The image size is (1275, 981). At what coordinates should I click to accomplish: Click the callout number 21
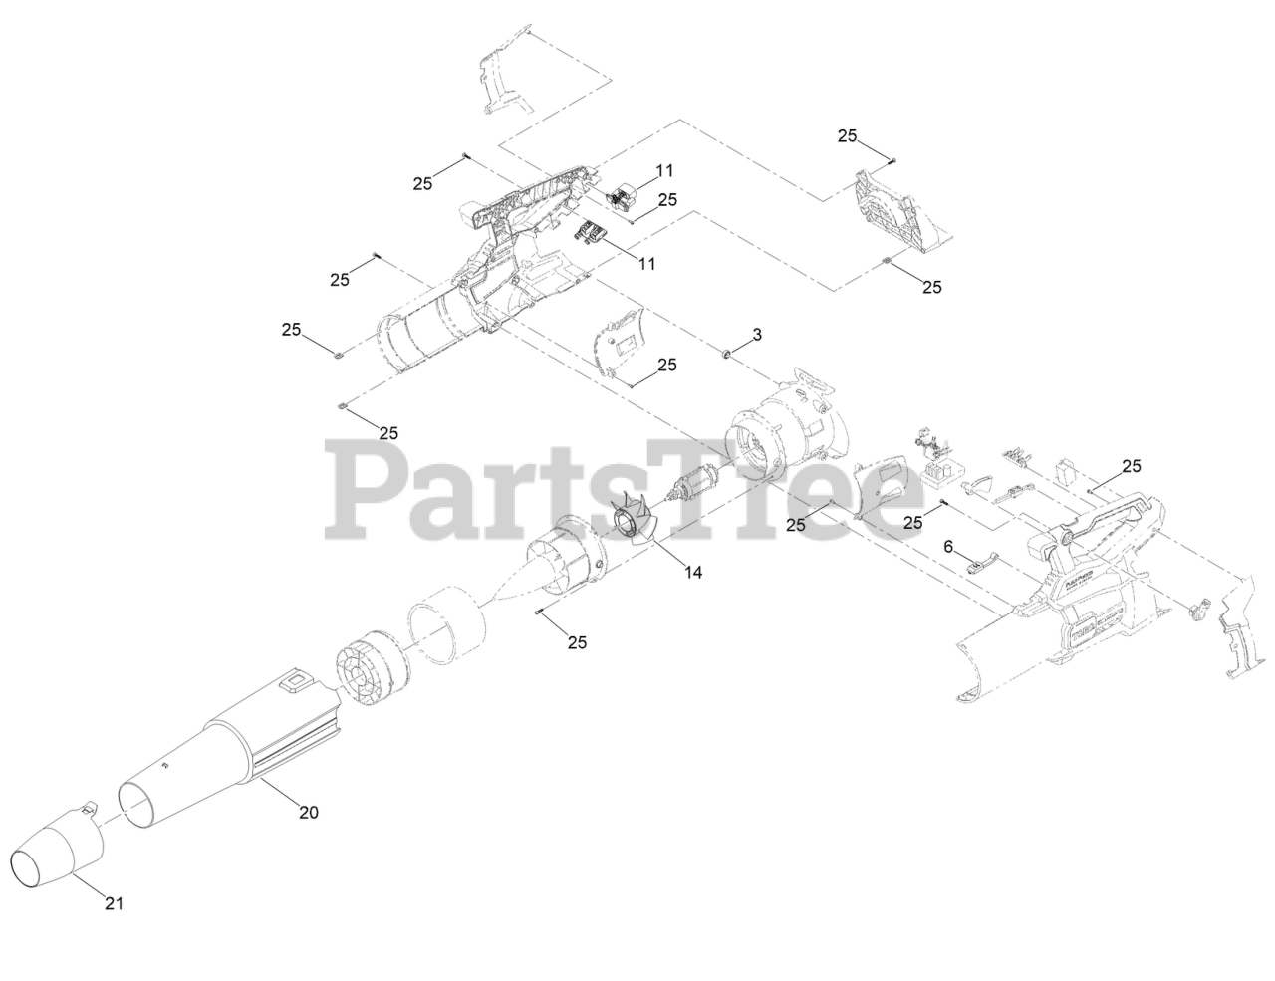[x=115, y=903]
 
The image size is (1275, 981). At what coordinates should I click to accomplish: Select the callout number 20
[x=309, y=812]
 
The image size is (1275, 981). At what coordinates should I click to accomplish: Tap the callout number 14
[x=692, y=572]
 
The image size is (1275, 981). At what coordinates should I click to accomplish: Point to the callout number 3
[x=757, y=335]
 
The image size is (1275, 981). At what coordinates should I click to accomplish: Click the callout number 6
[x=948, y=546]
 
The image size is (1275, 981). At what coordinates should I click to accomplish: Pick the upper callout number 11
[x=664, y=169]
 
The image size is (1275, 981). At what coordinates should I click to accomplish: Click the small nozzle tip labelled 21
[x=58, y=849]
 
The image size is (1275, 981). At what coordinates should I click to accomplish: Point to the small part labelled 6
[x=979, y=568]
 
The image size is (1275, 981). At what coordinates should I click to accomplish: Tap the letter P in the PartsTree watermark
[x=365, y=489]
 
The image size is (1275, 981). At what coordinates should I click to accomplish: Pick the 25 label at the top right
[x=847, y=135]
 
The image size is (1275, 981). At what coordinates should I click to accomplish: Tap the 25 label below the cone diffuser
[x=577, y=642]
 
